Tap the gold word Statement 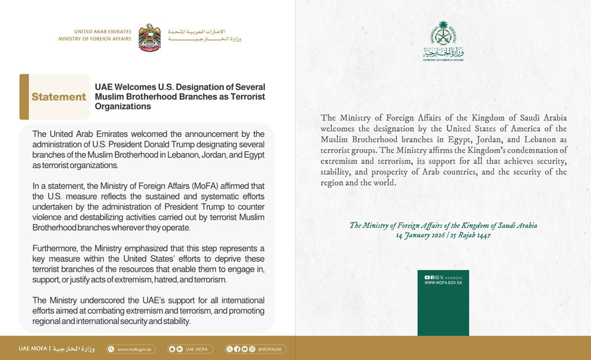pos(59,97)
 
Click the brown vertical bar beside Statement pos(24,97)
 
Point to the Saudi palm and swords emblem pos(443,34)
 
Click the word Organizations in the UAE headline pos(123,106)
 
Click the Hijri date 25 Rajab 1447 pos(470,235)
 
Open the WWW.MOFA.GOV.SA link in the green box pos(443,282)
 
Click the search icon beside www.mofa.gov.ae pos(111,349)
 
